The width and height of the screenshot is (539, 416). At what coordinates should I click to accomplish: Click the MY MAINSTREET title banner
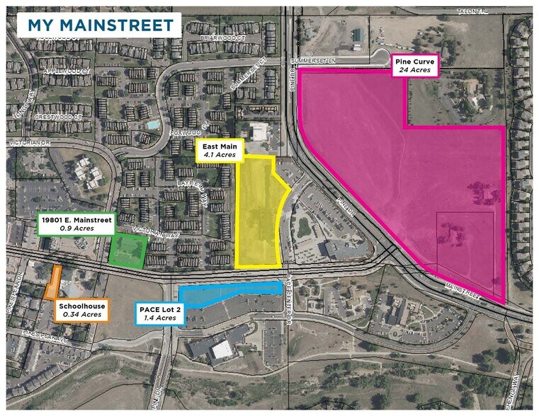pyautogui.click(x=98, y=25)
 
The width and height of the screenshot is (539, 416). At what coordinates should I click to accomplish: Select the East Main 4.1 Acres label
pyautogui.click(x=220, y=151)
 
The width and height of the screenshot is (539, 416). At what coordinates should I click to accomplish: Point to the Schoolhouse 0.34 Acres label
pyautogui.click(x=82, y=310)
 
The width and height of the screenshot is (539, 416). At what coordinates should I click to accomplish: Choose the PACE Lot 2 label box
pyautogui.click(x=159, y=313)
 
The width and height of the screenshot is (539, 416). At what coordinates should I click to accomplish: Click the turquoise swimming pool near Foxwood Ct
pyautogui.click(x=152, y=125)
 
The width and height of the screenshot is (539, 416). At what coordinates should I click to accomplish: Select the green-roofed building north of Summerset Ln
pyautogui.click(x=356, y=35)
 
